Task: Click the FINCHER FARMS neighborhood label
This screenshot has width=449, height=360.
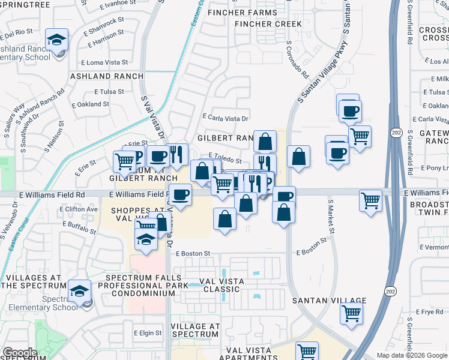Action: click(243, 12)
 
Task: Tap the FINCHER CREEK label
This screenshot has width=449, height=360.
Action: click(268, 24)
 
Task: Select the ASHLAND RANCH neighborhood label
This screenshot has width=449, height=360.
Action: click(107, 76)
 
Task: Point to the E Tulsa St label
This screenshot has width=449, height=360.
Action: click(109, 92)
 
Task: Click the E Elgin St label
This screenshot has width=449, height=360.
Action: click(148, 333)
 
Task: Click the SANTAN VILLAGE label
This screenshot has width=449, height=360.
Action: click(329, 301)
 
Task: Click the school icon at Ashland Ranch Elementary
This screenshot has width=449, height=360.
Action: click(57, 41)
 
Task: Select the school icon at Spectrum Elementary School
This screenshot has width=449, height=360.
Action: click(79, 291)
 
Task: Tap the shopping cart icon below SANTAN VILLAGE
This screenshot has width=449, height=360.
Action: click(352, 312)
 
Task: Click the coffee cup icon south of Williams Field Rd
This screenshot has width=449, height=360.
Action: click(180, 194)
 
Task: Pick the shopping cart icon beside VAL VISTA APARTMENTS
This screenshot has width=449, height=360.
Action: click(307, 351)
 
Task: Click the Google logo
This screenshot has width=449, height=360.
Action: click(20, 352)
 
